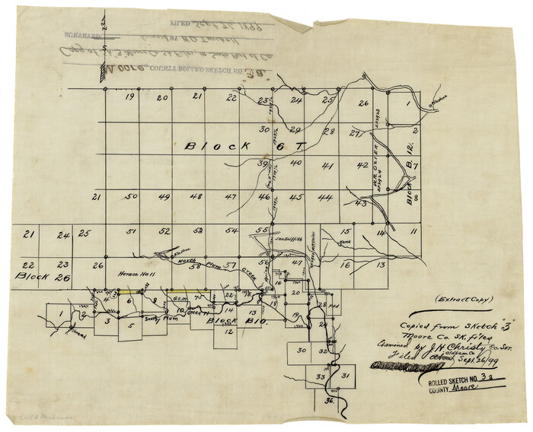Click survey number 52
tap(163, 230)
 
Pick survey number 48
tap(196, 197)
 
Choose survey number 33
tap(321, 376)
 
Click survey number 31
tap(346, 376)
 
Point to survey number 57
tap(227, 264)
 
